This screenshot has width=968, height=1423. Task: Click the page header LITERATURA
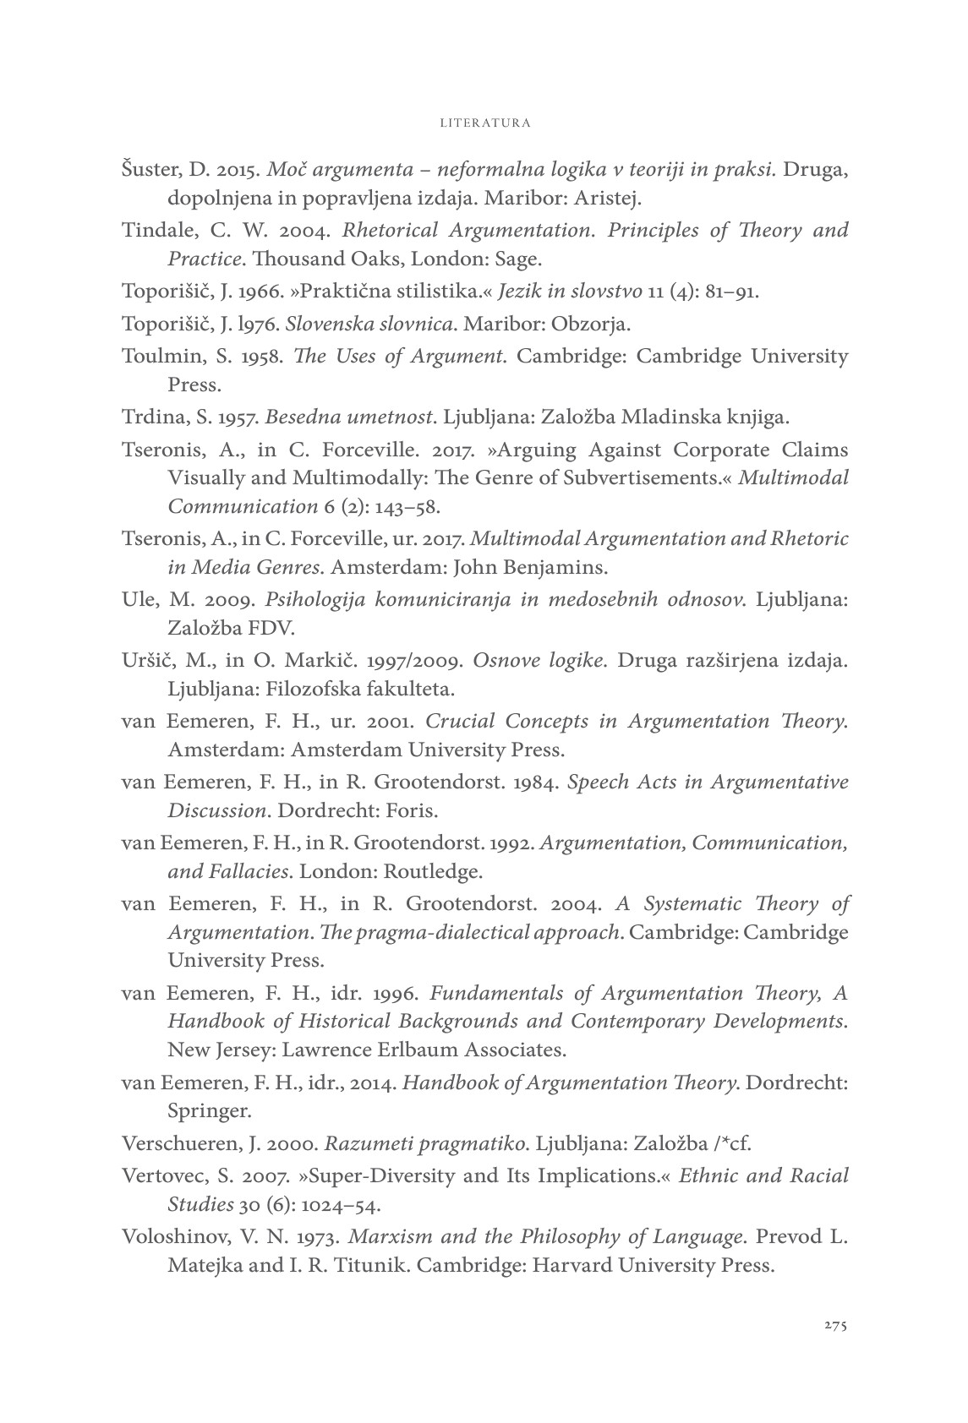pos(485,123)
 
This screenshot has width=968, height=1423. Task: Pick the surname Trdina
pos(150,417)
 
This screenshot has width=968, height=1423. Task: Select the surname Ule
pos(138,600)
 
